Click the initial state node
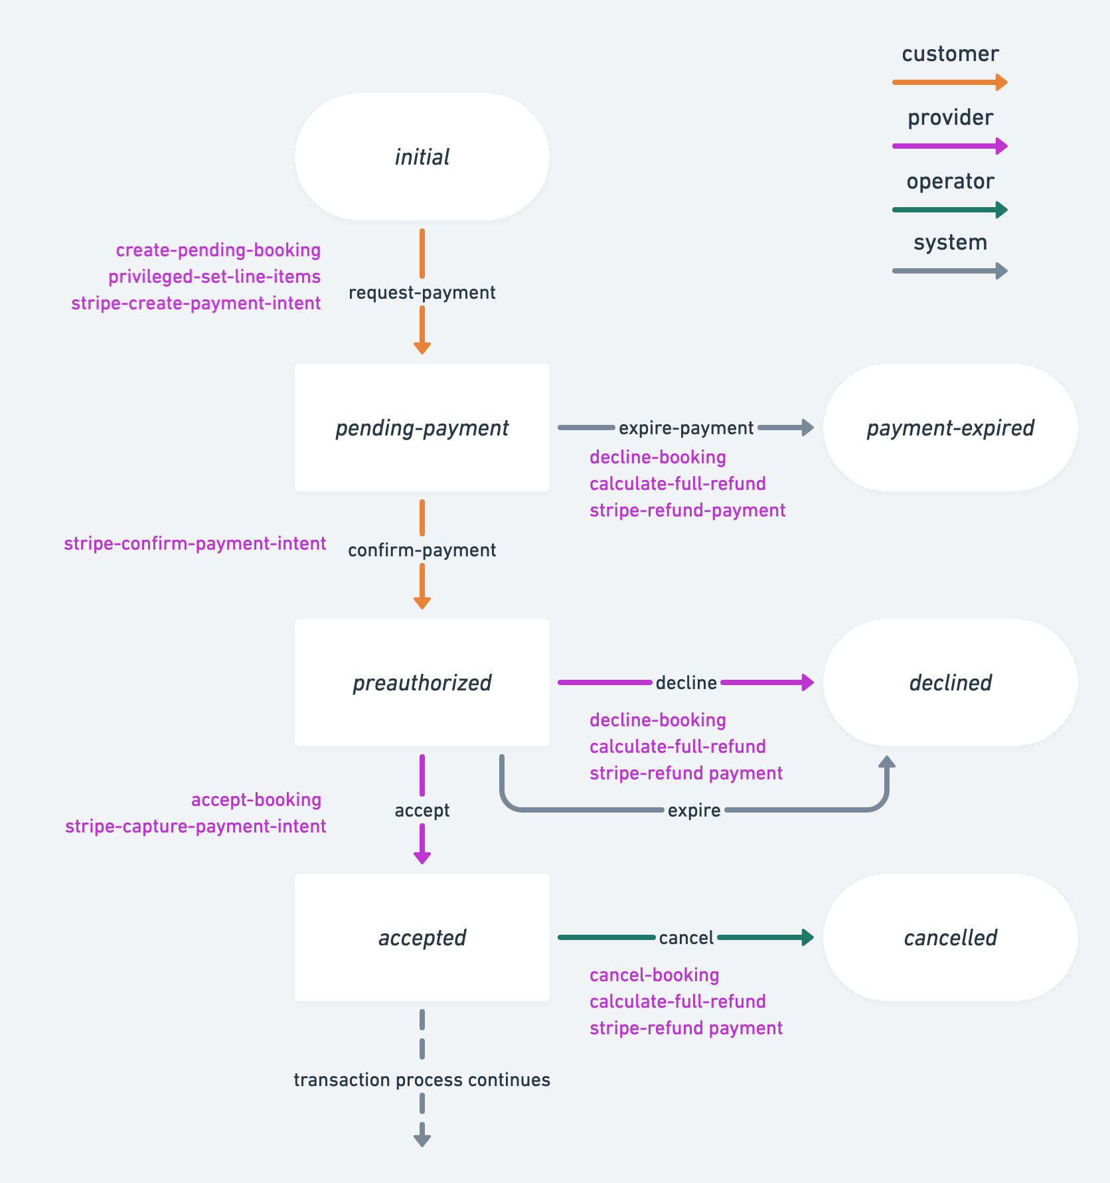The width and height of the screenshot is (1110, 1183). click(422, 157)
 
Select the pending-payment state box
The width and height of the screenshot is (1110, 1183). click(422, 428)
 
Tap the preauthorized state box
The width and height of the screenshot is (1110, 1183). click(422, 682)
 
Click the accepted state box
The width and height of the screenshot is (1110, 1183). click(422, 937)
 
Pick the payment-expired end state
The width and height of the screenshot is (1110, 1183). click(950, 428)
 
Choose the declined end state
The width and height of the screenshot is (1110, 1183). click(950, 682)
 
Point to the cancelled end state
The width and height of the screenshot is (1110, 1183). click(950, 937)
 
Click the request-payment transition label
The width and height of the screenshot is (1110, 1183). click(422, 293)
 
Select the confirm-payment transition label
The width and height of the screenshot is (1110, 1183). click(422, 550)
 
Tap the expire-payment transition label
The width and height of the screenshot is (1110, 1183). click(686, 428)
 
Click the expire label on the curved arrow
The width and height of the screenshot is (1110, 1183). click(694, 811)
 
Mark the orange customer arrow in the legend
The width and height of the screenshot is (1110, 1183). click(949, 82)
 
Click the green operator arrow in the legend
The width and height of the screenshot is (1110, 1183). click(949, 210)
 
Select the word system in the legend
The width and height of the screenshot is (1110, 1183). click(950, 242)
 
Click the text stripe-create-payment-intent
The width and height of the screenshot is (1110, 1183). click(196, 303)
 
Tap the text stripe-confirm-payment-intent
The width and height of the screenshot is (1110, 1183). click(195, 544)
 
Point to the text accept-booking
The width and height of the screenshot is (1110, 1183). click(256, 800)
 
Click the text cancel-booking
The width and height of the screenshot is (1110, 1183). click(654, 975)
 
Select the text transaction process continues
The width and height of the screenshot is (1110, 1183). click(422, 1080)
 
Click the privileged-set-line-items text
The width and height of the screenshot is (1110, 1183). click(214, 277)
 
